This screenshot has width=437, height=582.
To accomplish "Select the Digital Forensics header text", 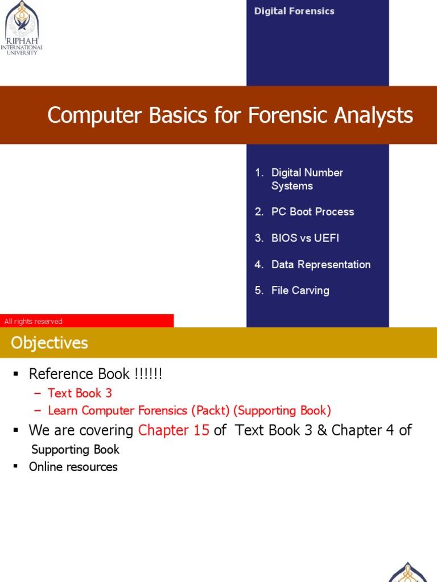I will click(294, 11).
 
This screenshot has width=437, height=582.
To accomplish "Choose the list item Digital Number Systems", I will click(307, 179).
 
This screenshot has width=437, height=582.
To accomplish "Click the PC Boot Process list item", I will click(312, 211).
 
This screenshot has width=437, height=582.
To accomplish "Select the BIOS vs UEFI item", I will click(305, 238).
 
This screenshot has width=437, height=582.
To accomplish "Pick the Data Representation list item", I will click(321, 264).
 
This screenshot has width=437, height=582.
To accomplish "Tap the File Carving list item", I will click(300, 290).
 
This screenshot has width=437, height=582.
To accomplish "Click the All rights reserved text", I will click(33, 322).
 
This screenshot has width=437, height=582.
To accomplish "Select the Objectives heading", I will click(50, 343).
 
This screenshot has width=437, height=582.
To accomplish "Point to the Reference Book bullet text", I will click(96, 374).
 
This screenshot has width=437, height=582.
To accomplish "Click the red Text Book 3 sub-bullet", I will click(80, 393).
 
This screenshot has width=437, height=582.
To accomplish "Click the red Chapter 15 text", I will click(174, 430).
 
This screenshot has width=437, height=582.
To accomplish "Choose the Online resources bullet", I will click(73, 467).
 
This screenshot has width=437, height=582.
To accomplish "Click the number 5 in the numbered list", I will click(258, 290).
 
